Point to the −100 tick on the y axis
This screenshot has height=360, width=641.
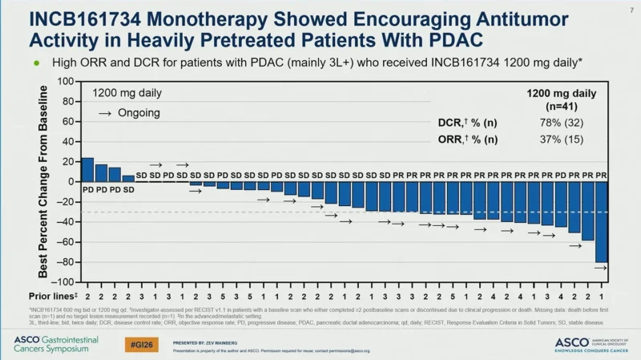(x=62, y=282)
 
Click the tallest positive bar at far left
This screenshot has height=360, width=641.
(x=87, y=170)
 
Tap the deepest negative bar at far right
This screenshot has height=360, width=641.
(x=601, y=222)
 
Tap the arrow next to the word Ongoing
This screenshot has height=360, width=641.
(x=105, y=113)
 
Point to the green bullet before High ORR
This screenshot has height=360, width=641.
(x=37, y=62)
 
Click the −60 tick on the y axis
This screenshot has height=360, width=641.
(x=63, y=242)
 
